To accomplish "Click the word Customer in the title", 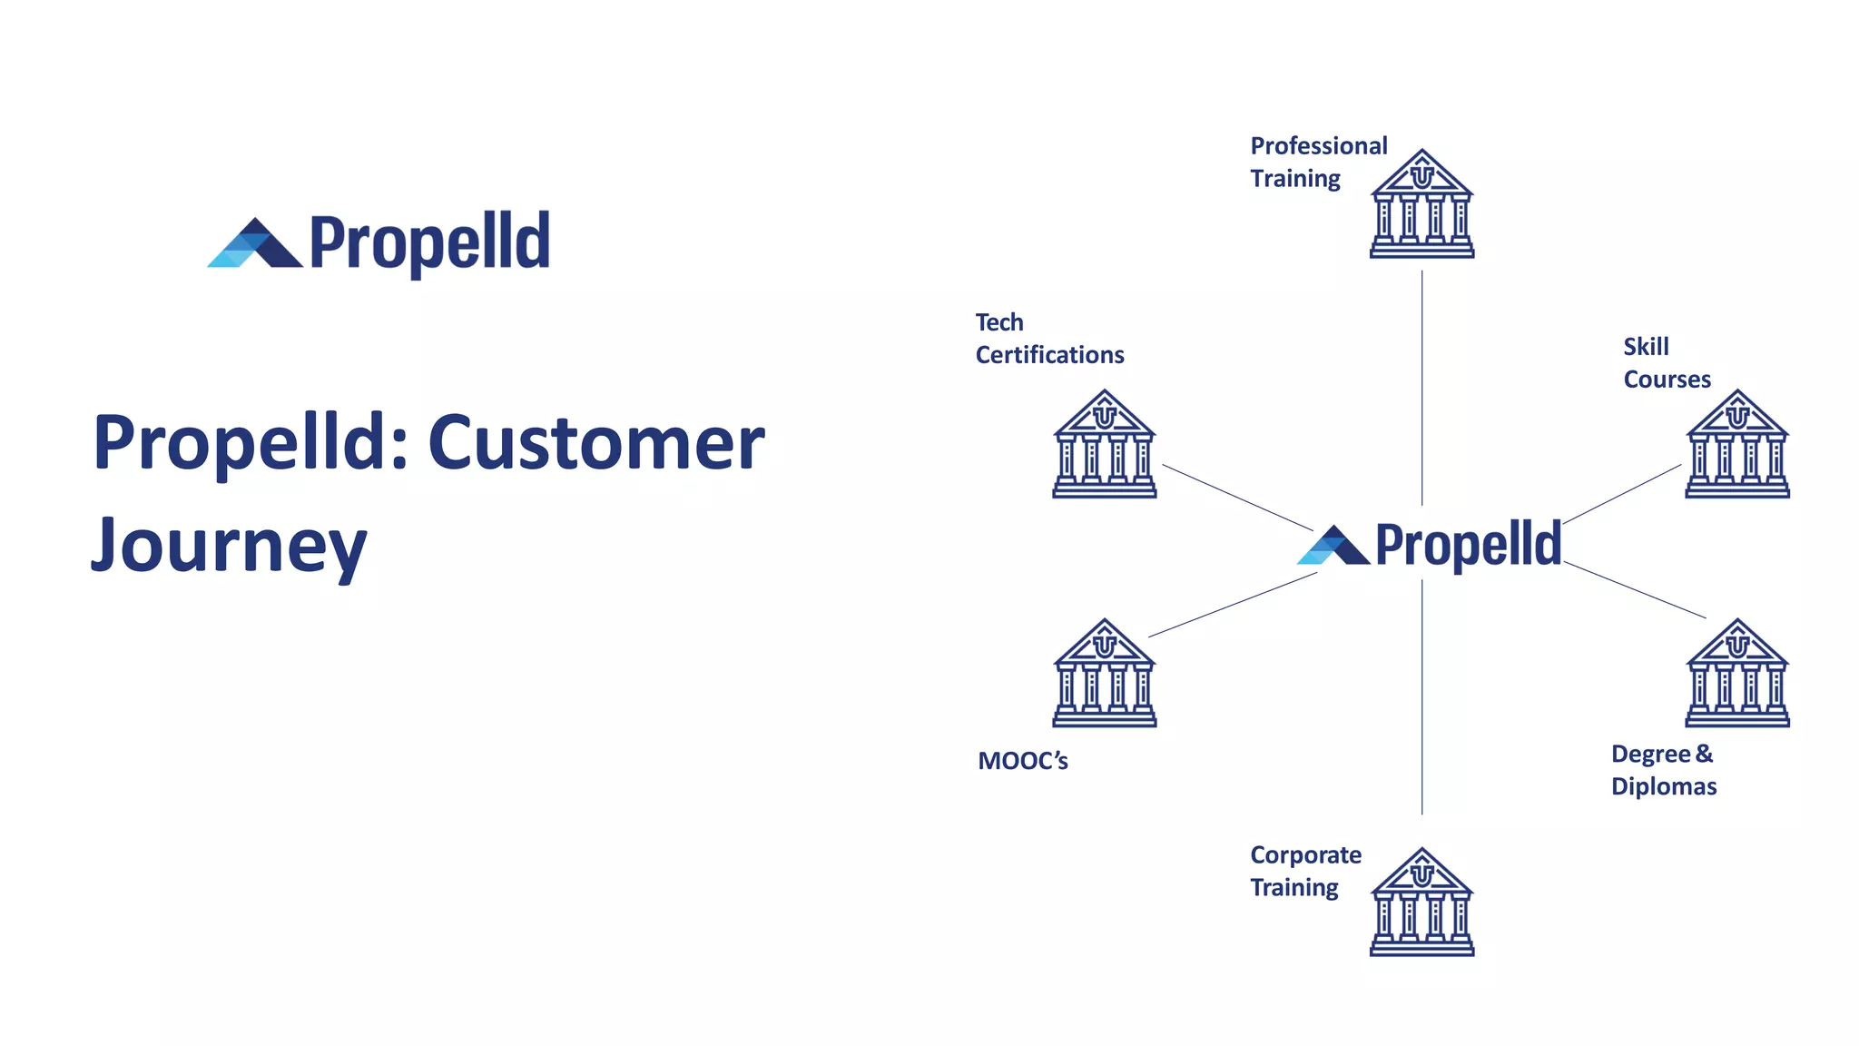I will [x=596, y=443].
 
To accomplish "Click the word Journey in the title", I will [x=229, y=547].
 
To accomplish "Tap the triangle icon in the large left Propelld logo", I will [x=255, y=244].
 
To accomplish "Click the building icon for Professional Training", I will [x=1421, y=205].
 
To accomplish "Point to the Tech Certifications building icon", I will [x=1104, y=445].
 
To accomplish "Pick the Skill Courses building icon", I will [x=1736, y=445].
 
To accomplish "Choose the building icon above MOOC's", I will [x=1104, y=674].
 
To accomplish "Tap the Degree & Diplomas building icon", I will [x=1736, y=674].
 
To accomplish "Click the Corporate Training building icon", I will [x=1421, y=903].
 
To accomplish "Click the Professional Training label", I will [x=1318, y=162].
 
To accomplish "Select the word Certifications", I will [x=1049, y=355].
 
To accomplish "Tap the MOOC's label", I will [x=1022, y=761].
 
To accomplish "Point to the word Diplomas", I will [x=1663, y=786].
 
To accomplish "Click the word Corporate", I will [x=1305, y=855].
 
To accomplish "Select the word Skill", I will [x=1646, y=347].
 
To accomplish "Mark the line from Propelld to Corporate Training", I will [x=1421, y=699].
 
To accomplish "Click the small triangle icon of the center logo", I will [x=1333, y=547].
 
